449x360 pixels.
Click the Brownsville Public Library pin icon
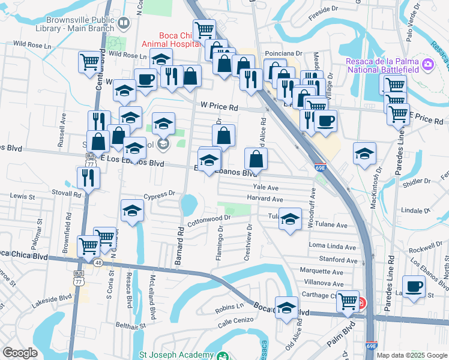coord(124,23)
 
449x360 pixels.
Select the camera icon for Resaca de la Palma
coord(427,64)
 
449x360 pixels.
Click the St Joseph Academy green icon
coord(223,356)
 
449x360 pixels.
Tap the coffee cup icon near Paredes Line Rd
coord(413,286)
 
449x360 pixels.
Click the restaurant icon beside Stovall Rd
coord(88,177)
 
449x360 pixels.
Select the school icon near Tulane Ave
coord(290,218)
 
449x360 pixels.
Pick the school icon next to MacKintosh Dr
coord(364,153)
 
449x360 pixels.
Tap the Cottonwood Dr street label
coord(209,221)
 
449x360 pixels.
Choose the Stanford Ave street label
coord(339,260)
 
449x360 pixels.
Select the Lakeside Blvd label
coord(52,298)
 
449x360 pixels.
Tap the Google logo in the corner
coord(20,353)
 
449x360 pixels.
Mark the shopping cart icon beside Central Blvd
coord(89,61)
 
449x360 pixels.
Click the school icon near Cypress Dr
coord(132,210)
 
